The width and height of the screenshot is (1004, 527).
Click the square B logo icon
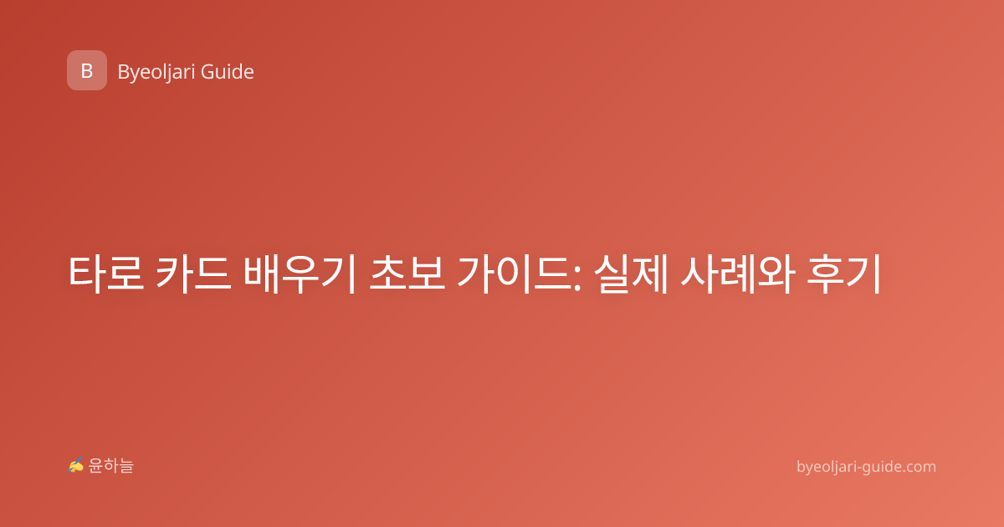click(x=87, y=70)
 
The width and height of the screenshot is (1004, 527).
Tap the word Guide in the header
click(x=228, y=72)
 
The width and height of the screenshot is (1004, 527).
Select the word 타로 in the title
click(x=106, y=274)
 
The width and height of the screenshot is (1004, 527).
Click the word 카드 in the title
click(x=193, y=274)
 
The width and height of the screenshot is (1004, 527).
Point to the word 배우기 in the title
click(x=300, y=274)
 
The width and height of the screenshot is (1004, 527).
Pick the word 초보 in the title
click(x=407, y=274)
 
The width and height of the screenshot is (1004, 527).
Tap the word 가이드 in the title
click(x=513, y=274)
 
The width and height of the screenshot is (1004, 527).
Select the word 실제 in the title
click(x=631, y=274)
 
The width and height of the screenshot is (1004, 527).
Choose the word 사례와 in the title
click(x=738, y=274)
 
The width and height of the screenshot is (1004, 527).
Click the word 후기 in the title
click(x=844, y=274)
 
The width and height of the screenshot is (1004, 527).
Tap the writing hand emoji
click(x=76, y=465)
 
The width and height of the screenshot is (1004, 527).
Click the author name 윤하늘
click(x=110, y=466)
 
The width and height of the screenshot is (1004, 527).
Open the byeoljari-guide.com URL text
click(x=866, y=467)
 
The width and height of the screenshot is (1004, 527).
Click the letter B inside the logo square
click(x=87, y=71)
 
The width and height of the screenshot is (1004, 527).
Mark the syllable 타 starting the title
click(x=86, y=274)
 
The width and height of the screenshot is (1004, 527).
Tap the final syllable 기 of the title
click(x=864, y=274)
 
